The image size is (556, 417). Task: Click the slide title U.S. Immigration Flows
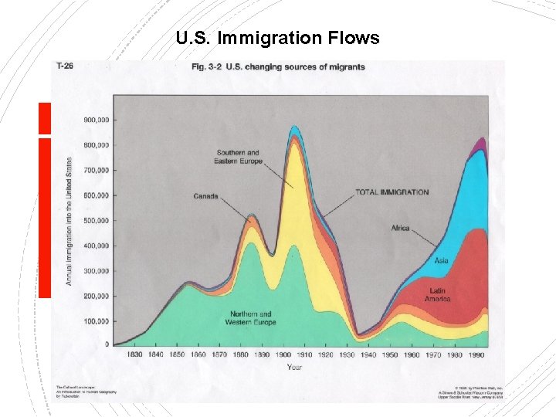click(277, 38)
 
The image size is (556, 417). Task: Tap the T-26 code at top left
click(65, 66)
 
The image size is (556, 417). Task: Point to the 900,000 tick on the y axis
click(97, 120)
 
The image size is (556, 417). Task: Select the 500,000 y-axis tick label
click(97, 220)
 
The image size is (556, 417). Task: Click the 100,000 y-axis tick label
click(97, 320)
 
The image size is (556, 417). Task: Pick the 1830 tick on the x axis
click(134, 354)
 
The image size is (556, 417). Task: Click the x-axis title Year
click(294, 367)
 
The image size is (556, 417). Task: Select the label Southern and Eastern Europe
click(239, 158)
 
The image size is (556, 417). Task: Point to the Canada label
click(205, 196)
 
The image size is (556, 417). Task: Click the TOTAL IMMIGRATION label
click(392, 192)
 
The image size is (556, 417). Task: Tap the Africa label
click(400, 229)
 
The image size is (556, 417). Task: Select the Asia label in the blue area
click(441, 261)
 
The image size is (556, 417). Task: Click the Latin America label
click(437, 295)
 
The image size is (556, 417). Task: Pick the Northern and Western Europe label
click(252, 318)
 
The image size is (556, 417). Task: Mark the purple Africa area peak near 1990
click(482, 143)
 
